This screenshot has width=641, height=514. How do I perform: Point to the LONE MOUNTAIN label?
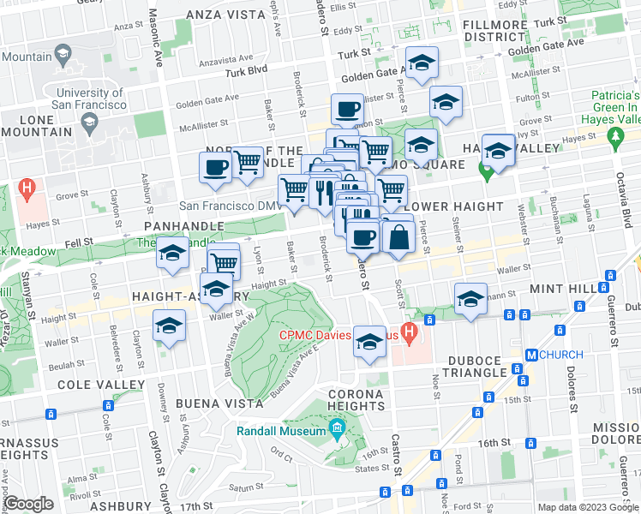(35, 126)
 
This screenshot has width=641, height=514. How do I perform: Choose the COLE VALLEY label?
(100, 384)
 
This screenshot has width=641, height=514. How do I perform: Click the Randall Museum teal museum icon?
(337, 427)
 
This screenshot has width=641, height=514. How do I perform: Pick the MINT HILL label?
(565, 290)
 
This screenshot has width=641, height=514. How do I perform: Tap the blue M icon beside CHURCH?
(531, 355)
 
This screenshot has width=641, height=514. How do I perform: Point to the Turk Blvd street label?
(247, 73)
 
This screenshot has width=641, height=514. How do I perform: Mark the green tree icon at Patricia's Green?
(614, 135)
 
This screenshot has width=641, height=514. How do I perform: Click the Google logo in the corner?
(28, 504)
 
